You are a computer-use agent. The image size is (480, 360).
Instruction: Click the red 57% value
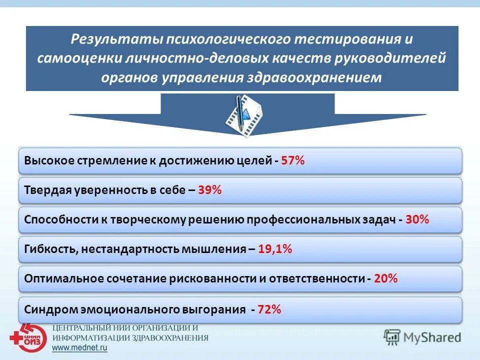pyautogui.click(x=292, y=161)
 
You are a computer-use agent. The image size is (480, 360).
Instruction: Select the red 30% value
pyautogui.click(x=417, y=219)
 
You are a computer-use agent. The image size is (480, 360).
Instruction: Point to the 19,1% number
pyautogui.click(x=275, y=249)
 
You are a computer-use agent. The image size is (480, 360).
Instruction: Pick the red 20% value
pyautogui.click(x=385, y=279)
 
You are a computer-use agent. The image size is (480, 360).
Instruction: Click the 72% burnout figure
pyautogui.click(x=269, y=309)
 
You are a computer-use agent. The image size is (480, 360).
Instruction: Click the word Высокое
pyautogui.click(x=49, y=161)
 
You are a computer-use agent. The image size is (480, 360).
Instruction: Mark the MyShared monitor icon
pyautogui.click(x=392, y=337)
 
